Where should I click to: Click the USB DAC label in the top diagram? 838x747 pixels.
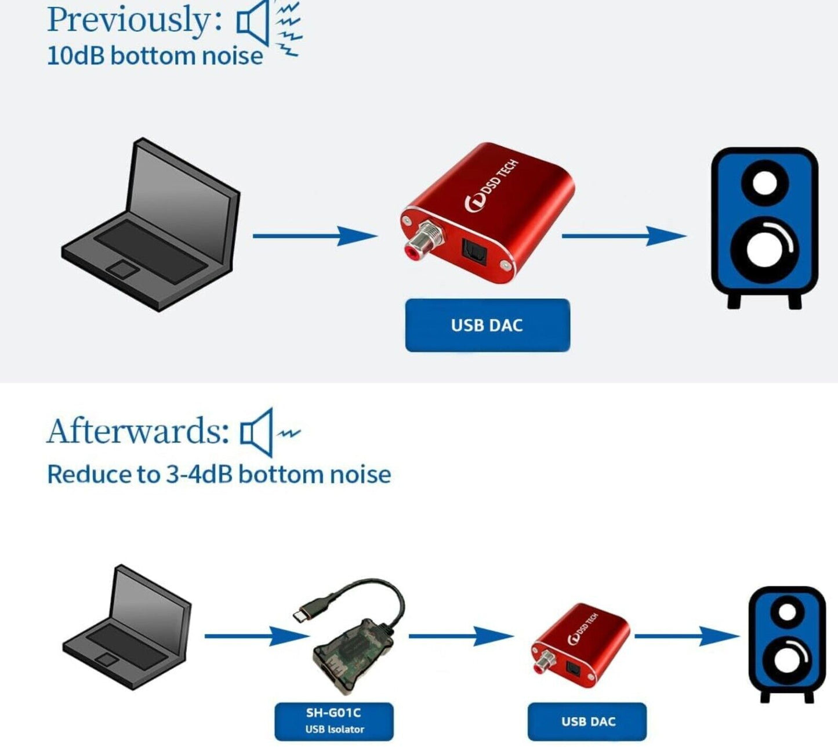click(x=487, y=325)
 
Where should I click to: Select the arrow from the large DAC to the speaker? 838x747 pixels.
click(x=624, y=236)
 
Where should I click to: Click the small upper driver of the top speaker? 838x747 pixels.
click(x=764, y=184)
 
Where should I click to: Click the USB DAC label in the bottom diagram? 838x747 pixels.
click(x=587, y=721)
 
